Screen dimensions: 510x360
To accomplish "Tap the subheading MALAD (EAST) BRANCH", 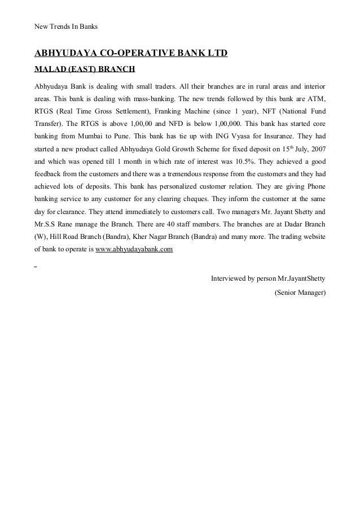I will click(x=85, y=71).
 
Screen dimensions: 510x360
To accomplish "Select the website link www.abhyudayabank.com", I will click(x=134, y=249).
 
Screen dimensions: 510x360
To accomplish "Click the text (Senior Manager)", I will click(x=300, y=293).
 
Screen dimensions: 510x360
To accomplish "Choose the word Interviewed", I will click(x=229, y=278).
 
